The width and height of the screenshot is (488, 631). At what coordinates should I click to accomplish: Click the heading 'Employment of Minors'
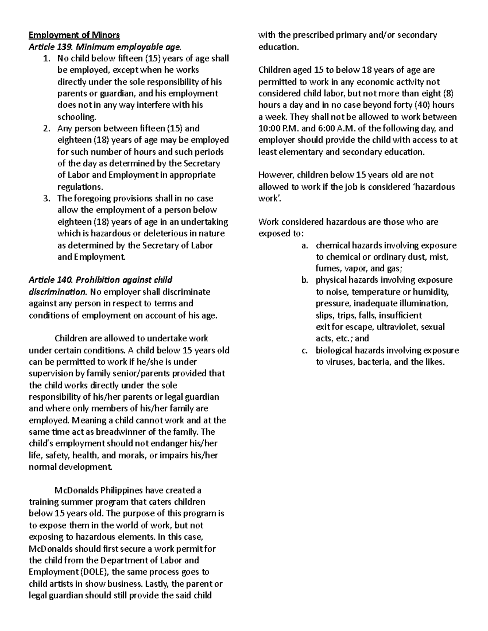pos(74,35)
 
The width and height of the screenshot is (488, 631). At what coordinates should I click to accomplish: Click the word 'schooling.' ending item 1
pos(77,117)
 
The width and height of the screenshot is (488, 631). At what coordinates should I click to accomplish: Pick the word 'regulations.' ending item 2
pos(81,187)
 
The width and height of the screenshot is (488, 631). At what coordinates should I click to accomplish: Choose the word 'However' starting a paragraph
pos(276,175)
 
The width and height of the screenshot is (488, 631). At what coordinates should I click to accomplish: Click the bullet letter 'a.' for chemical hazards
pos(305,245)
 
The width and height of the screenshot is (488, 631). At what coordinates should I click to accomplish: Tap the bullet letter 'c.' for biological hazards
pos(305,351)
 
